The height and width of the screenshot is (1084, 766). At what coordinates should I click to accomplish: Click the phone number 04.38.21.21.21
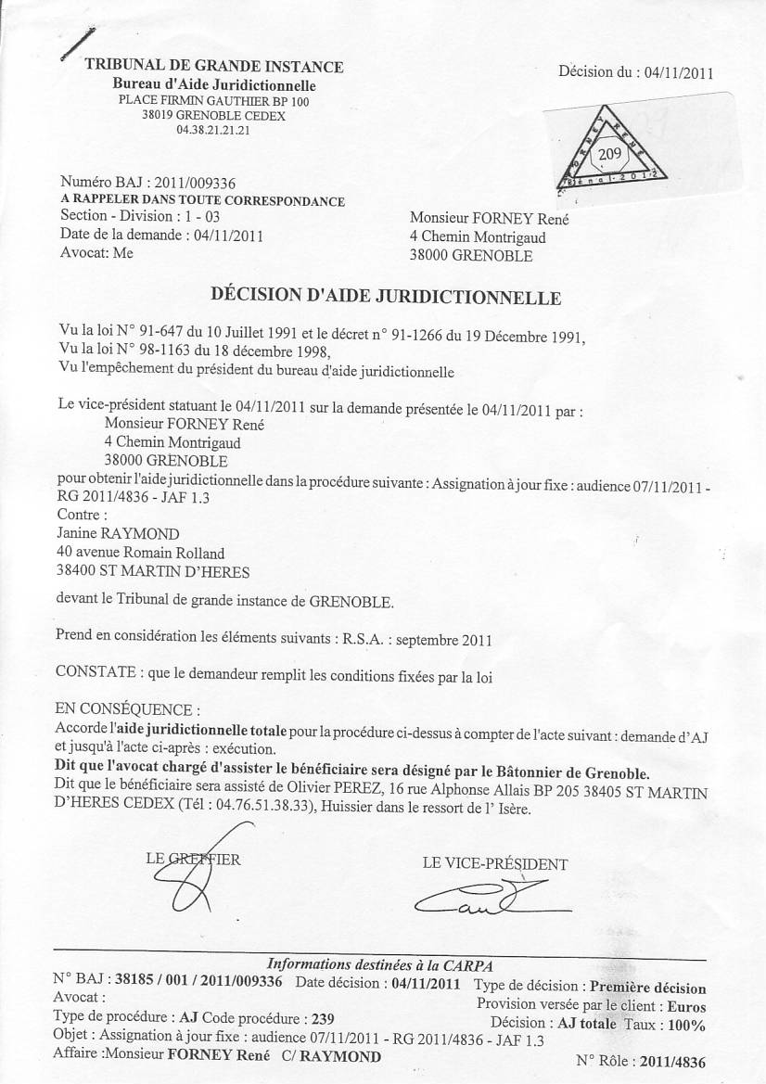(x=213, y=131)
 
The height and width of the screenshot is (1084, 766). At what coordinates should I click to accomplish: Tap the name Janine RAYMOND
(x=118, y=533)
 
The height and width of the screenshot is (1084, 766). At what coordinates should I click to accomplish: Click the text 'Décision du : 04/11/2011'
(x=635, y=73)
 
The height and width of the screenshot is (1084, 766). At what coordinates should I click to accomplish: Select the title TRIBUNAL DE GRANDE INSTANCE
(x=214, y=67)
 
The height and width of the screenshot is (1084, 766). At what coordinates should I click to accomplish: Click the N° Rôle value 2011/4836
(x=678, y=1060)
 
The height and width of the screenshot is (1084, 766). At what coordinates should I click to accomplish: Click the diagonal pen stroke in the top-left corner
(x=77, y=42)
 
